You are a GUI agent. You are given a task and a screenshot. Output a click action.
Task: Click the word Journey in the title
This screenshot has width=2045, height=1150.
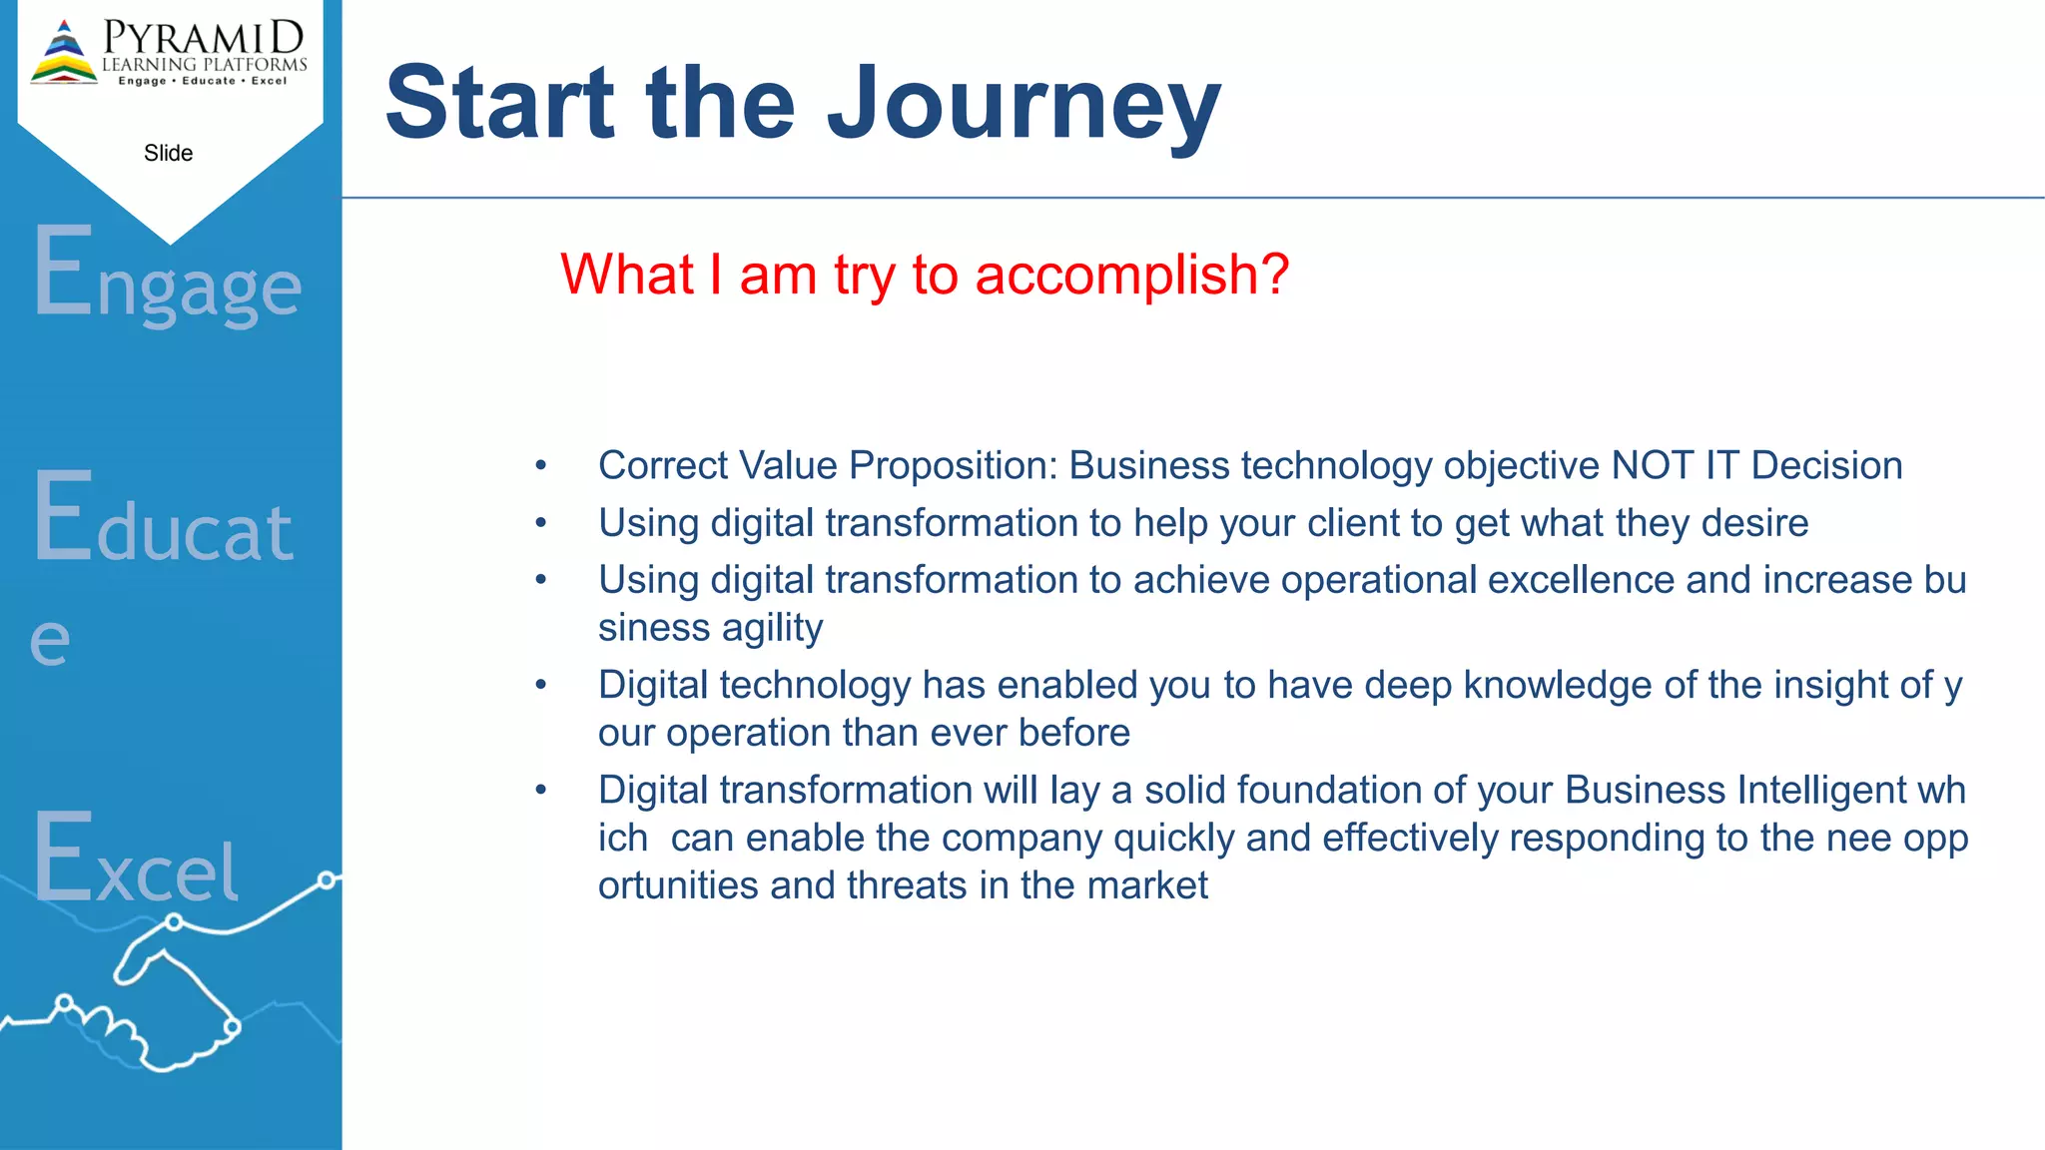(x=1023, y=103)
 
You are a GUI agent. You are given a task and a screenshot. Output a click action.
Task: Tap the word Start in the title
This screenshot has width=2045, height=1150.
(x=500, y=103)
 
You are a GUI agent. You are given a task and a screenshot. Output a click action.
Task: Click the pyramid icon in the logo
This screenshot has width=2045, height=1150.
(x=64, y=53)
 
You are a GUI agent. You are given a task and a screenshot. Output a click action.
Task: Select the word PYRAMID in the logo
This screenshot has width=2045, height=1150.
(x=204, y=38)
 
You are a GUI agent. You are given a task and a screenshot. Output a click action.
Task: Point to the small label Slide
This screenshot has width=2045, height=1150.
(x=168, y=153)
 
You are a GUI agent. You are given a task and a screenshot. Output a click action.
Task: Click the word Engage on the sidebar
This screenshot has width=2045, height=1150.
(x=167, y=275)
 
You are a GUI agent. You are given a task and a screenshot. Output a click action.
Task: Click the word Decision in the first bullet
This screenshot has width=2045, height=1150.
(x=1826, y=466)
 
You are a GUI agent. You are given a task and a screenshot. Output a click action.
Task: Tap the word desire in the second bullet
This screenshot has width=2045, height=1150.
(x=1754, y=523)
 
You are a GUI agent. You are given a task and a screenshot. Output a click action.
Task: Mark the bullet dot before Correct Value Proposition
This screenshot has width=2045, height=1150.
(x=541, y=466)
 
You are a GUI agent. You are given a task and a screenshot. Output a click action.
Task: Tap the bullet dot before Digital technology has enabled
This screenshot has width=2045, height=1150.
(x=541, y=686)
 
